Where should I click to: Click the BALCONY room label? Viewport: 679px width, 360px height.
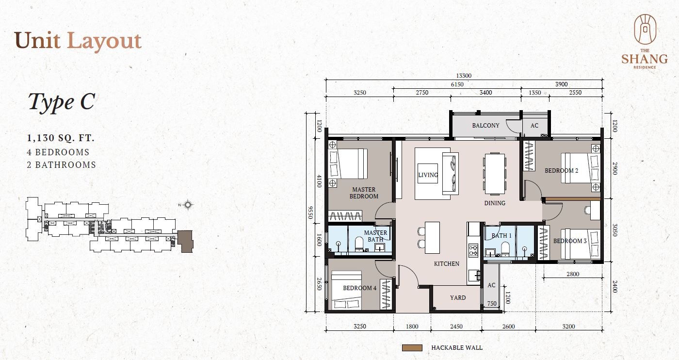click(485, 125)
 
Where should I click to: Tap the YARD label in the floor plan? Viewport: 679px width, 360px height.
click(458, 297)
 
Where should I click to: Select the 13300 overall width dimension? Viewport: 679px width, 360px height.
click(464, 76)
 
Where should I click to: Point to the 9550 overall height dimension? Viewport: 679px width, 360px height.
click(310, 213)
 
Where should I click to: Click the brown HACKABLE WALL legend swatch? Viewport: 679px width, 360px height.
click(412, 348)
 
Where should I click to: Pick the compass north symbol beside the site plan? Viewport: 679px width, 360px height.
click(188, 205)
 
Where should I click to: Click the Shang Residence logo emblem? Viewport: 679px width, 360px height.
click(645, 29)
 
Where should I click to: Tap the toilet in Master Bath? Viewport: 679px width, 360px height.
click(359, 244)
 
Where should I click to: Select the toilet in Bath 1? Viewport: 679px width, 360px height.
click(505, 248)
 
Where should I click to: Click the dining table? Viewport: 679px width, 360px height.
click(494, 174)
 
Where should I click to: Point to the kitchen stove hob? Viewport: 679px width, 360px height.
click(473, 250)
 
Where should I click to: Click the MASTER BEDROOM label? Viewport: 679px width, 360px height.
click(364, 193)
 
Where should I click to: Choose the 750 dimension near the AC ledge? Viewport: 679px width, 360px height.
click(492, 303)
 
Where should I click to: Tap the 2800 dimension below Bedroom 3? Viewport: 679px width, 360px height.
click(573, 274)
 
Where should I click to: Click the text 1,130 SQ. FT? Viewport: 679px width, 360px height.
click(61, 138)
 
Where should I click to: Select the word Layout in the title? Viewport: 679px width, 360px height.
click(104, 41)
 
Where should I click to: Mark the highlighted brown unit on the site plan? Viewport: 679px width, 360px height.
click(185, 241)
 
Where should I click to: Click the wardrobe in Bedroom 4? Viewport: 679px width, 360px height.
click(386, 294)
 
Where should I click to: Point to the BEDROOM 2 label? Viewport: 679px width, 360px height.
click(562, 170)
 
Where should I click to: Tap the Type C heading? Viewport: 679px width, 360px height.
click(62, 102)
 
